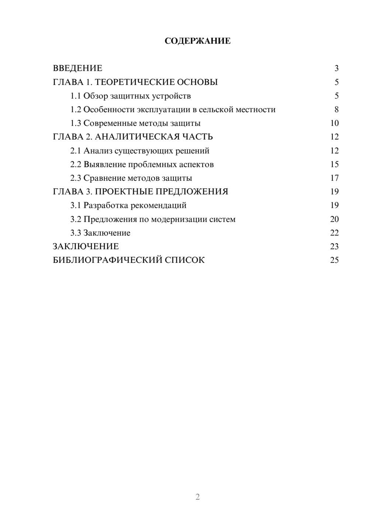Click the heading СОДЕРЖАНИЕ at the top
pos(197,41)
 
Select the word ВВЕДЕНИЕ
pos(77,68)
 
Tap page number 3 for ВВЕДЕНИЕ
pos(336,68)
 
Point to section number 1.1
pos(76,96)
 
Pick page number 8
pos(336,110)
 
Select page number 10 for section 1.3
pos(334,123)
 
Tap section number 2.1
pos(76,151)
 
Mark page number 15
pos(334,164)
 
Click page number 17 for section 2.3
pos(334,178)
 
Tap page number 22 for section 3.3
pos(334,233)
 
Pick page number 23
pos(334,247)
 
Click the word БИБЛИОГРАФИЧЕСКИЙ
pos(107,260)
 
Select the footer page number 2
pos(197,497)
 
